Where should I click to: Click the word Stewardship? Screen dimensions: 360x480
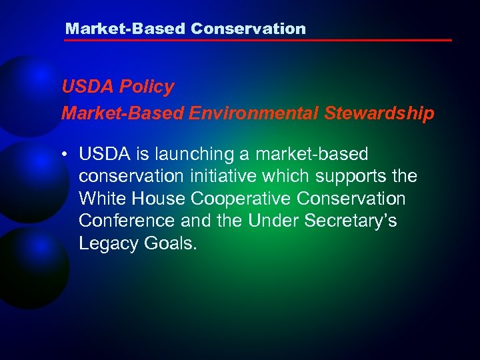380,113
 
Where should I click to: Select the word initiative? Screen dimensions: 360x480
230,177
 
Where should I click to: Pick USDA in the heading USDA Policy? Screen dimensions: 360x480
82,87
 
